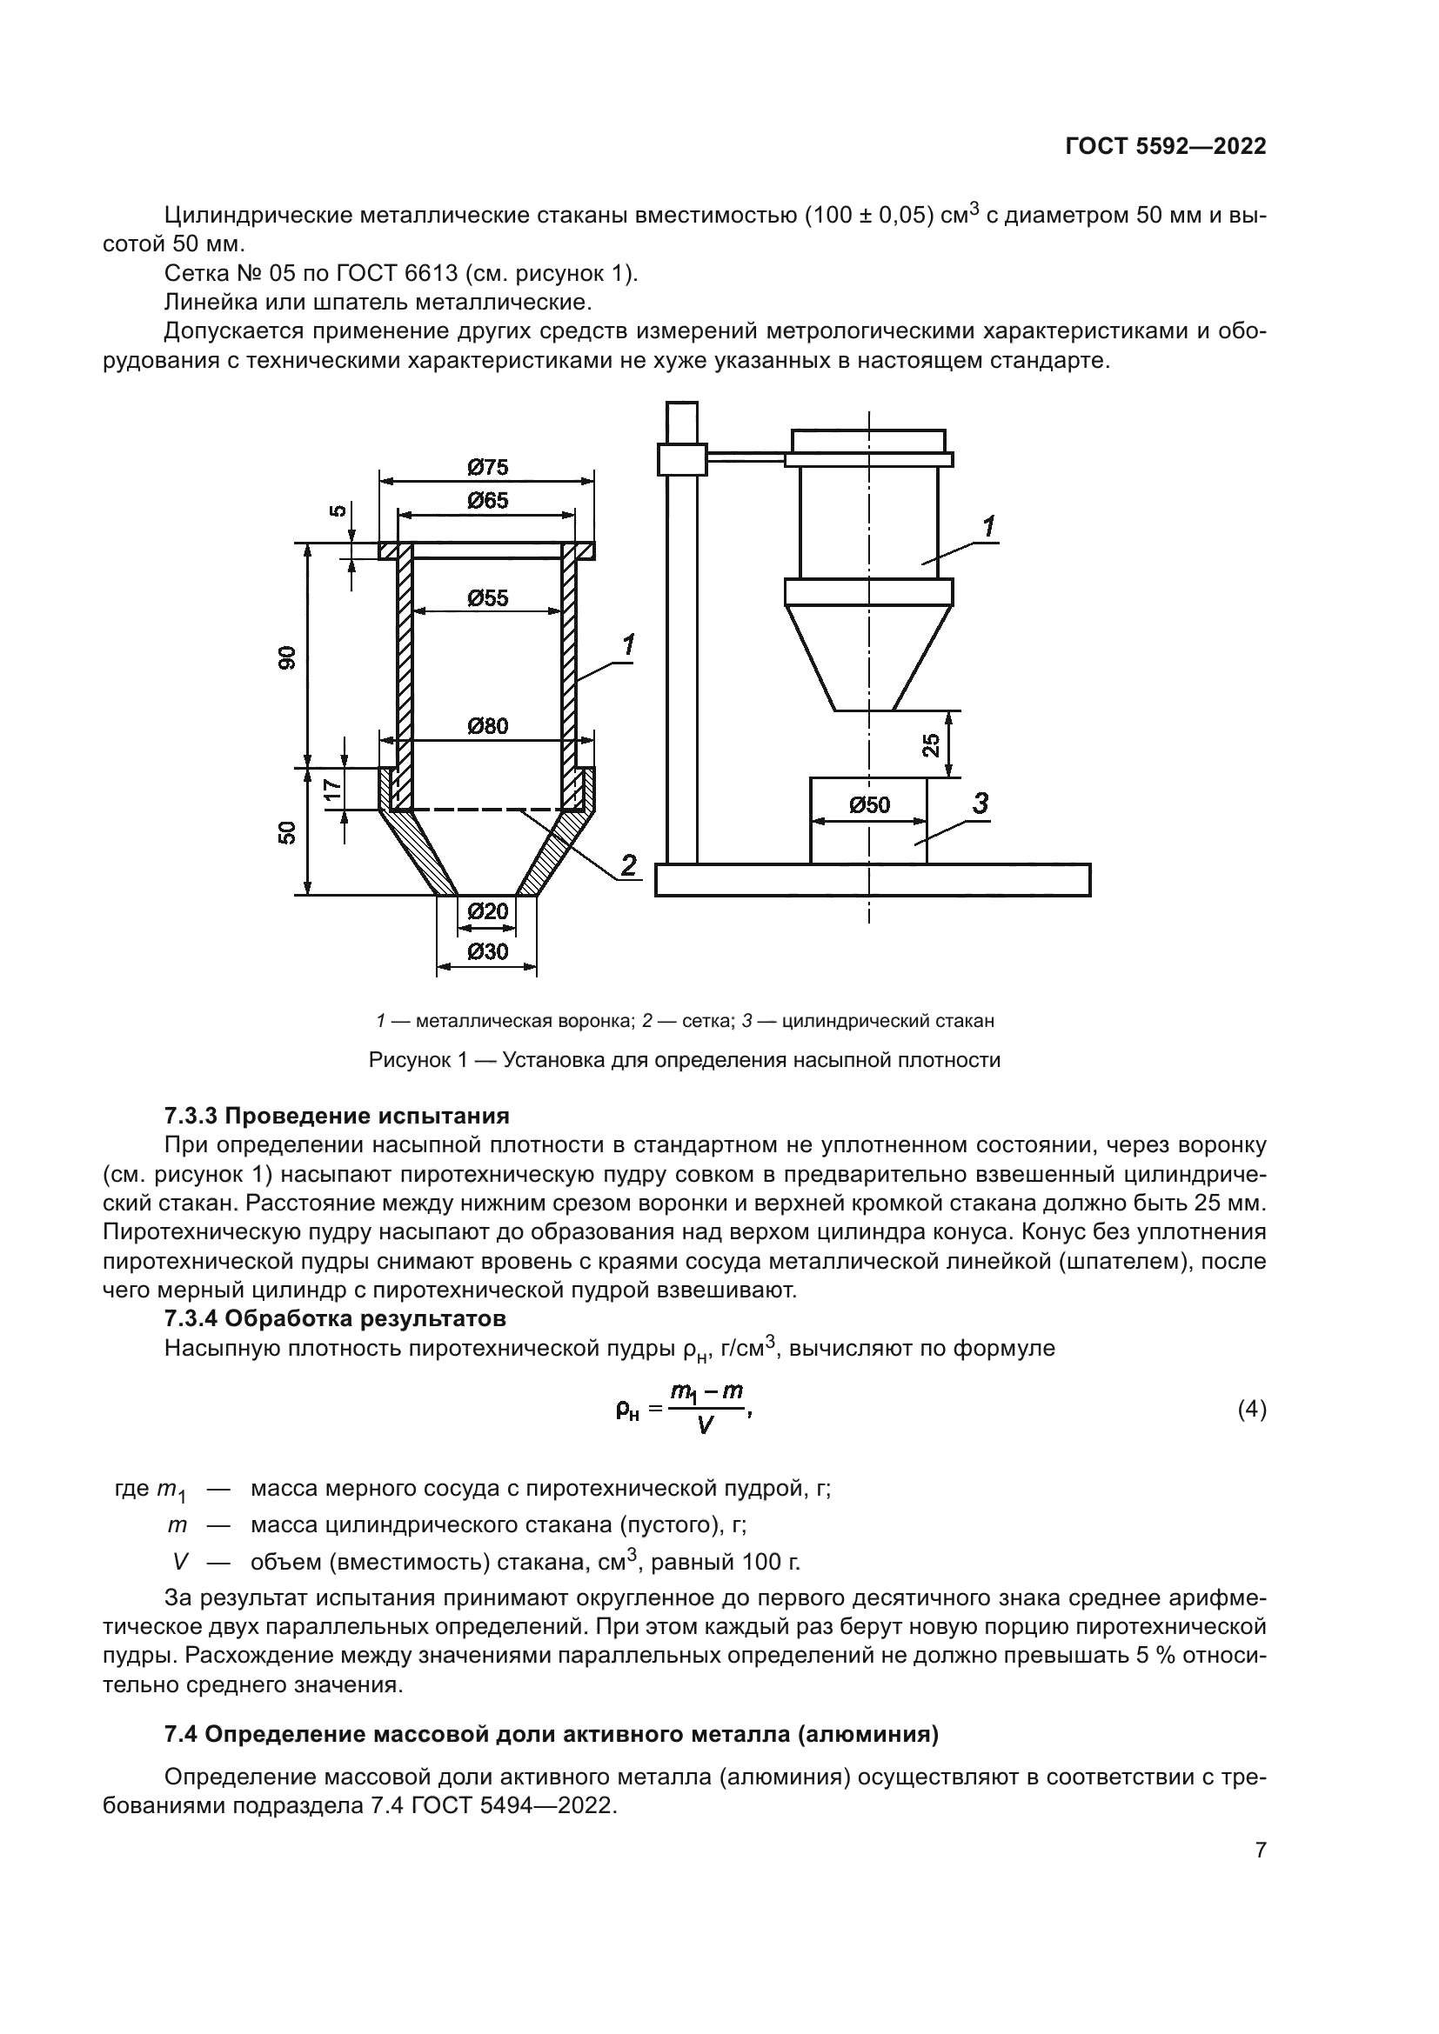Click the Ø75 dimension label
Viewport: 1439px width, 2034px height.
[x=487, y=467]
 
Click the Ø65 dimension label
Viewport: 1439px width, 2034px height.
[x=487, y=502]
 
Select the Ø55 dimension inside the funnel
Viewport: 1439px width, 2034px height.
[x=487, y=599]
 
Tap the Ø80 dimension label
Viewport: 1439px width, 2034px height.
[x=487, y=726]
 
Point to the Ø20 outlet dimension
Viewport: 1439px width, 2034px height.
[x=486, y=911]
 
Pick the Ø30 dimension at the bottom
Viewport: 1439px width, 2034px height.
[x=486, y=952]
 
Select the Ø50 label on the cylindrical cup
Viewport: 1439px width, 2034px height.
[x=868, y=805]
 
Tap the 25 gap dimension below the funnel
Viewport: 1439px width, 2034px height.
[x=930, y=745]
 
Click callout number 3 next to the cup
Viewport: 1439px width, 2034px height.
[x=980, y=804]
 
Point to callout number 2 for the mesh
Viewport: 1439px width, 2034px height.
[x=628, y=864]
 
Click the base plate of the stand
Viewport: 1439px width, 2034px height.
[x=873, y=881]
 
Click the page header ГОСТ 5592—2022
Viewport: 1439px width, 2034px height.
[x=1165, y=146]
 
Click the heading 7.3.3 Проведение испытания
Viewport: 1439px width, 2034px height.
[x=337, y=1116]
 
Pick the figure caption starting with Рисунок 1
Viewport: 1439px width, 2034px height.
[x=684, y=1060]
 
